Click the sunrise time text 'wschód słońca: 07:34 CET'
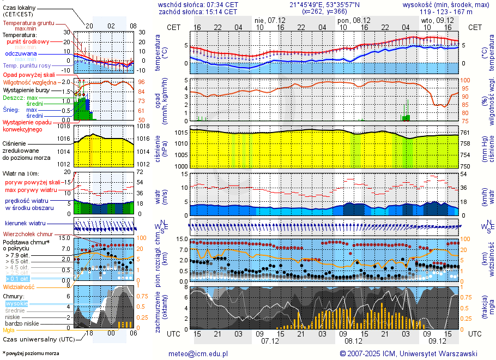198,4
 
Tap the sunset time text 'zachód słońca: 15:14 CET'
198,11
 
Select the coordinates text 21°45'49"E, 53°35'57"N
324,4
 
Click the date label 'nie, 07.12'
267,20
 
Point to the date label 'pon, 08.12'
351,20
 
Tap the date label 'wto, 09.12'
433,20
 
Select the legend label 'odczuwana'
21,54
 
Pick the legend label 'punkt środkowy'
28,41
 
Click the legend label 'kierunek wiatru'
25,224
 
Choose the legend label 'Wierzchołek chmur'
27,234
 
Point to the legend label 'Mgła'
9,330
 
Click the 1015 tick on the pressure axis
181,133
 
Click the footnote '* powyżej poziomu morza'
31,353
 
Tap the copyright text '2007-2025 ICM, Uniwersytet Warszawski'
413,353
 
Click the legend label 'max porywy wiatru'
32,190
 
